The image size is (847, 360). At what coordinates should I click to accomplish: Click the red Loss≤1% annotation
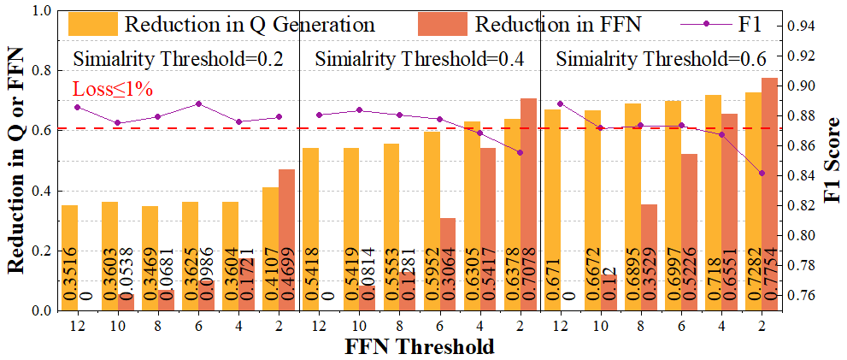point(113,89)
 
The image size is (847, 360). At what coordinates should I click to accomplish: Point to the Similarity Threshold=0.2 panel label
point(178,60)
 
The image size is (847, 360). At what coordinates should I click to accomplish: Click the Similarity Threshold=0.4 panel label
point(419,60)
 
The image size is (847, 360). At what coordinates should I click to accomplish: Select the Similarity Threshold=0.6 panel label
point(661,60)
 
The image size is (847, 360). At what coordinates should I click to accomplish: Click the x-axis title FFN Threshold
point(419,346)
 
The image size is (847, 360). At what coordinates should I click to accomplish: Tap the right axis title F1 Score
point(831,162)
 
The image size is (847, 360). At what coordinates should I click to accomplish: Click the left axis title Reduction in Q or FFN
point(15,161)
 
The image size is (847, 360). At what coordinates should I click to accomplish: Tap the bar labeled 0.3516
point(69,257)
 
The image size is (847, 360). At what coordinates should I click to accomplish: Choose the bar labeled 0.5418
point(310,229)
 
